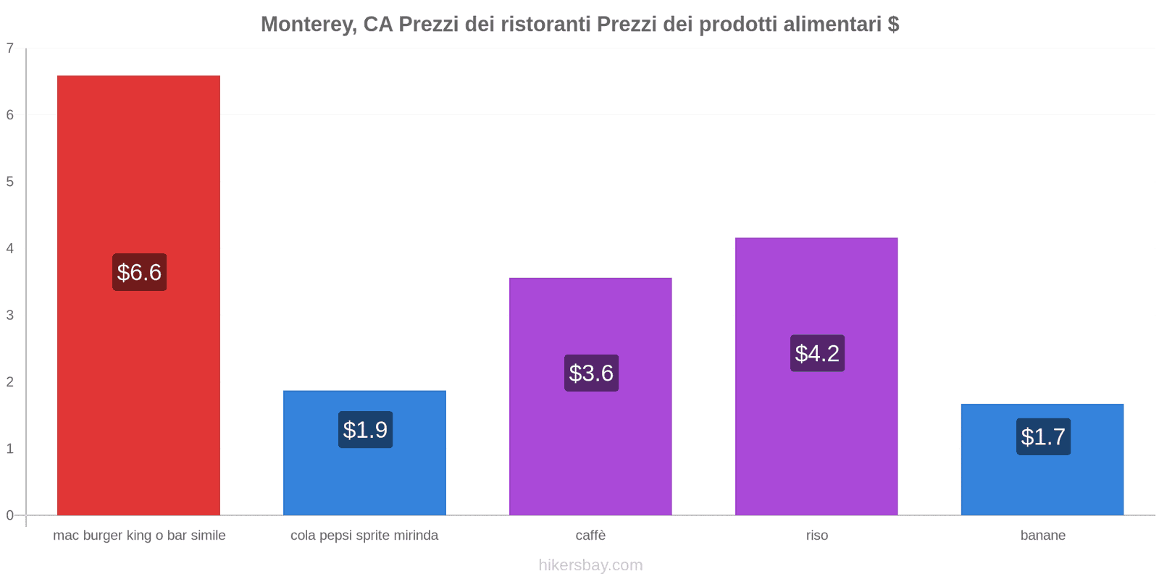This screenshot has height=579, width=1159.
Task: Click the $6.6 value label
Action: tap(139, 272)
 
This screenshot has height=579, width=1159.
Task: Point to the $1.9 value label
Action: tap(365, 430)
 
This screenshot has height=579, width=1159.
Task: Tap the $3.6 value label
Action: tap(591, 373)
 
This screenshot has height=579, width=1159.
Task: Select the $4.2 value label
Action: tap(817, 353)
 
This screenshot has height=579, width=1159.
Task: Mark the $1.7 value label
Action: tap(1043, 436)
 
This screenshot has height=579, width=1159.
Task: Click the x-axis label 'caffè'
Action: tap(590, 536)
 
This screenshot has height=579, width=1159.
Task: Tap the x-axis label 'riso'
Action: tap(816, 536)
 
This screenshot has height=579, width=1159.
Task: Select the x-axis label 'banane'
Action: tap(1042, 536)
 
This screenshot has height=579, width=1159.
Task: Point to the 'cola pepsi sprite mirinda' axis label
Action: tap(364, 536)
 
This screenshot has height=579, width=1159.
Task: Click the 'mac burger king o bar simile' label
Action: tap(139, 536)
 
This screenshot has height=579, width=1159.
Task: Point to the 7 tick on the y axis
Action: tap(10, 48)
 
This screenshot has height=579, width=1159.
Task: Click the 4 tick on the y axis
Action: tap(10, 248)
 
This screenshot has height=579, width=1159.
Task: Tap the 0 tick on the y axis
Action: tap(10, 515)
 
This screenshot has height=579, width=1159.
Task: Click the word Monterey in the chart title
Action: tap(308, 25)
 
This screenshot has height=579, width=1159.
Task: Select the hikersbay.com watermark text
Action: tap(590, 565)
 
